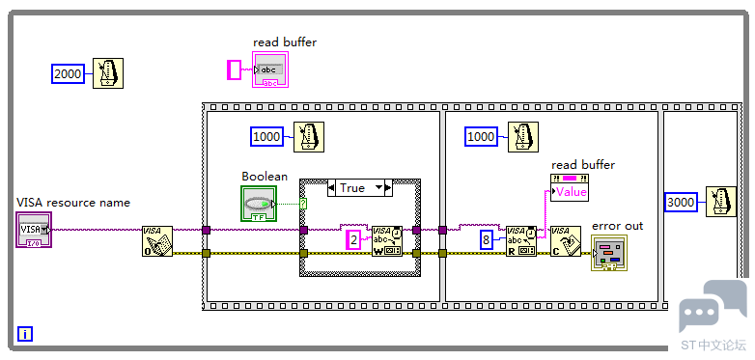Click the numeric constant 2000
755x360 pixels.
68,73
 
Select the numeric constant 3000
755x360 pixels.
681,202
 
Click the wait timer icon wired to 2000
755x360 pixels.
108,73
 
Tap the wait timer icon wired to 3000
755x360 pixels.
721,202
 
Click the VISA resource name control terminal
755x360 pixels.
33,230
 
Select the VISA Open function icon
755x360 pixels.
157,241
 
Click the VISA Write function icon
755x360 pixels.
387,241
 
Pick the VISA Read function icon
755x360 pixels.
521,241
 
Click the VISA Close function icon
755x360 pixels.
566,241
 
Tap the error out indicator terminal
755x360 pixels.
609,253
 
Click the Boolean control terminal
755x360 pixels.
259,204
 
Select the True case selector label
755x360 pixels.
360,187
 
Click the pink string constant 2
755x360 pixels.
354,240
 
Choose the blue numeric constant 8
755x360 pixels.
487,240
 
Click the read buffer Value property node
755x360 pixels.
569,187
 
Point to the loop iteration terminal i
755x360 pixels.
25,334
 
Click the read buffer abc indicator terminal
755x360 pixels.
270,69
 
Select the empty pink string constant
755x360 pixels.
234,69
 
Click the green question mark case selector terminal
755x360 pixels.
303,204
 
